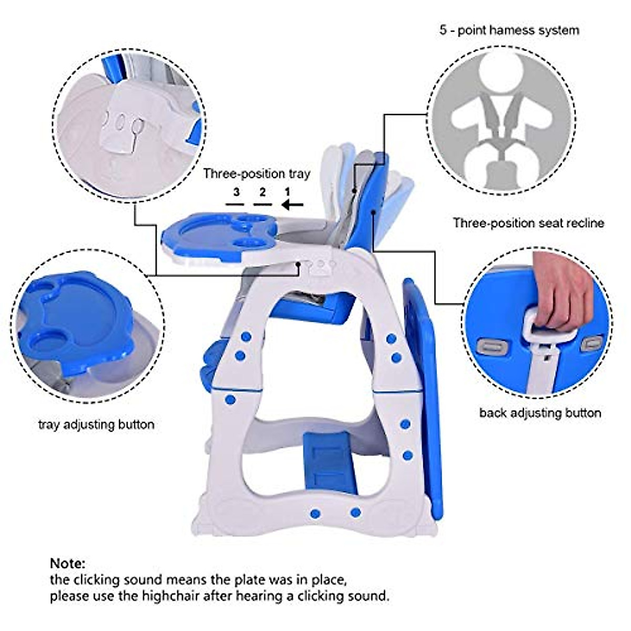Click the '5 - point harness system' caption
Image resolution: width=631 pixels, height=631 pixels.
tap(509, 30)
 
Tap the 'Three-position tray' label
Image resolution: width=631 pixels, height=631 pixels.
tap(257, 174)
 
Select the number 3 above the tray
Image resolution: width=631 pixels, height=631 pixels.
tap(237, 192)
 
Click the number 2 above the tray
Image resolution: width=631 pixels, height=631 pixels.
tap(262, 192)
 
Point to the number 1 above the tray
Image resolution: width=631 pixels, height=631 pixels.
tap(287, 192)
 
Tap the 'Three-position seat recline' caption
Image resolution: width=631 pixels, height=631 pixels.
tap(528, 223)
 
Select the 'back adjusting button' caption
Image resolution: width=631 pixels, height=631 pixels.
tap(540, 413)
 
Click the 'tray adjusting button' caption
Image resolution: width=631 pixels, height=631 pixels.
tap(96, 424)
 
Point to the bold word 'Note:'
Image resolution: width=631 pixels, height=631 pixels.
tap(67, 564)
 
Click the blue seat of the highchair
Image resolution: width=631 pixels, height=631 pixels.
tap(326, 310)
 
